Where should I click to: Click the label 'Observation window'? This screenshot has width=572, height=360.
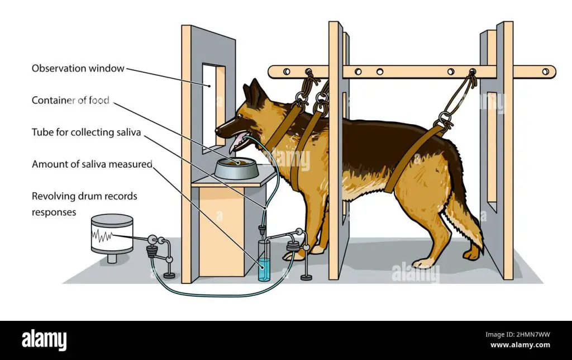pos(78,69)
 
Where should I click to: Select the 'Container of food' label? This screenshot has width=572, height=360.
pos(70,101)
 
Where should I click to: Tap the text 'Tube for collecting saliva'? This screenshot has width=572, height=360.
pos(86,132)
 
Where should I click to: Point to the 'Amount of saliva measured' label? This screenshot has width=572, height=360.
pos(92,164)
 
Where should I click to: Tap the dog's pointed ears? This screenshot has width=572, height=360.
pos(255,92)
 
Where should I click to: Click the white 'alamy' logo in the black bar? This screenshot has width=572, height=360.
pos(44,340)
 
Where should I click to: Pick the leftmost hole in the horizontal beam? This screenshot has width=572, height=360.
pos(287,72)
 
